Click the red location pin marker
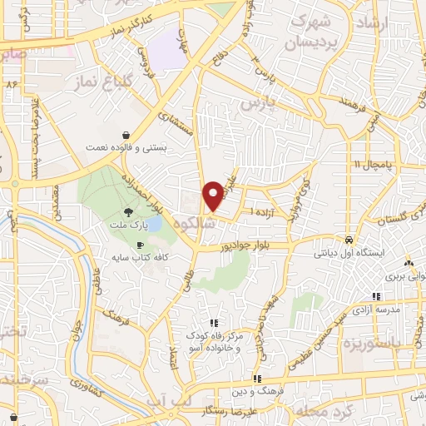pos(214,195)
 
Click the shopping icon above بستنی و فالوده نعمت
pos(125,135)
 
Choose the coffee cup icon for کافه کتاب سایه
pos(139,244)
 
